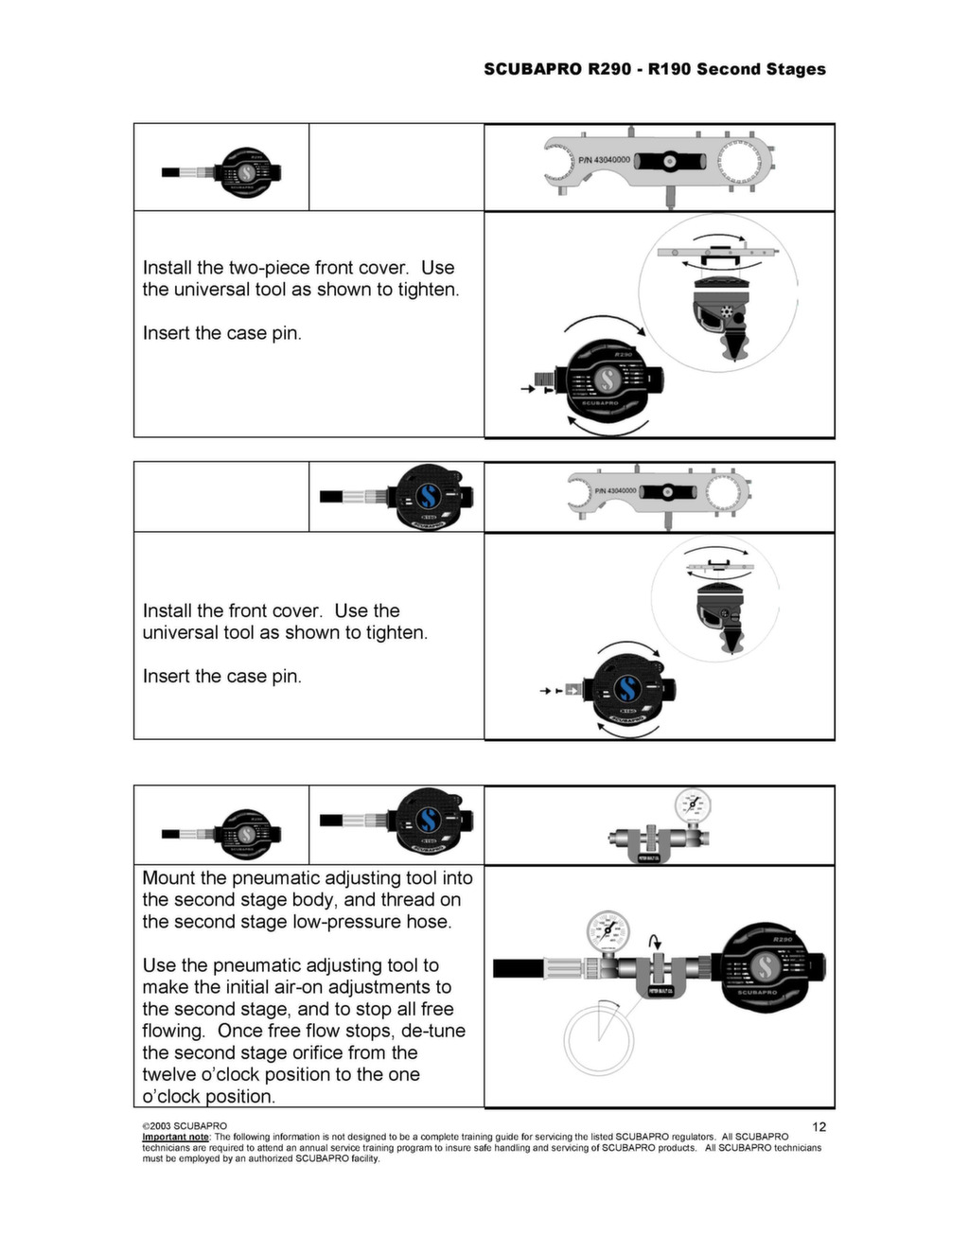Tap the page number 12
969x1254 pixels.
[819, 1126]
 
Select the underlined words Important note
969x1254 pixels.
[175, 1137]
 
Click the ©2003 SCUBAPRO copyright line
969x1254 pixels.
[185, 1126]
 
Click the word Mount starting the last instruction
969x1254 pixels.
[171, 878]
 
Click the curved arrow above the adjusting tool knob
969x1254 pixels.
[654, 941]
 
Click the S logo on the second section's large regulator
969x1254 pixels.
[625, 688]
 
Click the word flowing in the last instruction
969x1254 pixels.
[173, 1031]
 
